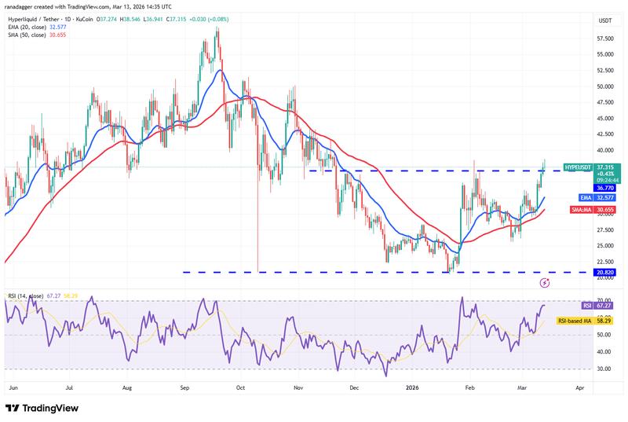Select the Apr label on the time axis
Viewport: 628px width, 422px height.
(579, 387)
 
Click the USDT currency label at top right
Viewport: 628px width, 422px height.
(606, 20)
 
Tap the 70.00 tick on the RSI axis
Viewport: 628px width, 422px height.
(604, 301)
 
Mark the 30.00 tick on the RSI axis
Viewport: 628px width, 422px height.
(604, 368)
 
